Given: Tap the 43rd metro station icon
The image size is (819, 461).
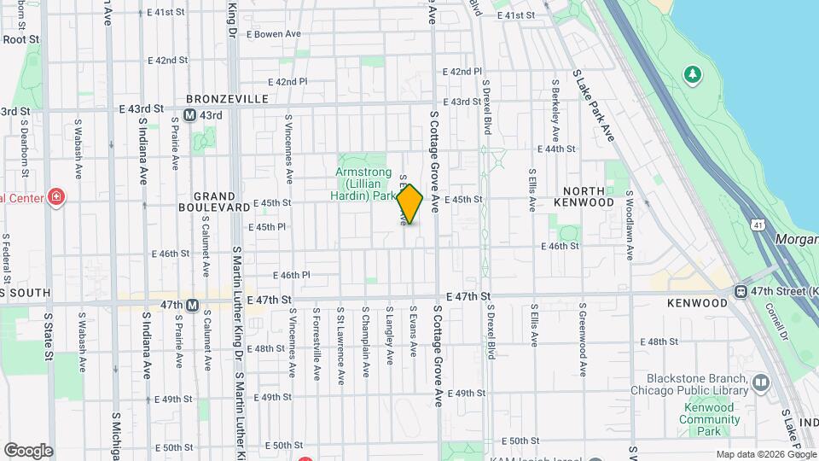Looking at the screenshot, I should click(189, 115).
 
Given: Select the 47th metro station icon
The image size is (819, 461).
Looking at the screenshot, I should click(193, 305).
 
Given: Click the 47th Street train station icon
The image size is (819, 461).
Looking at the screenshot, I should click(741, 291).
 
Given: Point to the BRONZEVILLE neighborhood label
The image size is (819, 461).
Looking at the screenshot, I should click(228, 99).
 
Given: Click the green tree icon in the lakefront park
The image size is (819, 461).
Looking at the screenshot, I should click(694, 75).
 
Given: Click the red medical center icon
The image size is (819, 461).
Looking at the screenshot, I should click(57, 197).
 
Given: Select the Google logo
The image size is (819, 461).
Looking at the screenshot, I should click(27, 451).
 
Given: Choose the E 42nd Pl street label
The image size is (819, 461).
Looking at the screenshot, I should click(288, 82).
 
